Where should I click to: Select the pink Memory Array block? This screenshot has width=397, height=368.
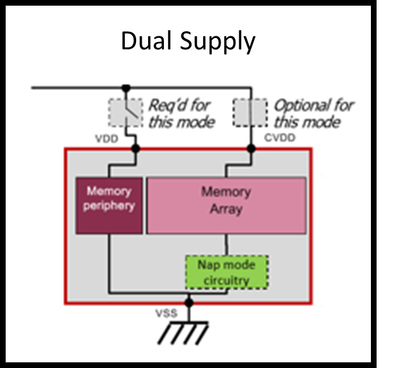click(x=226, y=205)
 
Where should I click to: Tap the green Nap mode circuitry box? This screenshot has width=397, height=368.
click(x=226, y=272)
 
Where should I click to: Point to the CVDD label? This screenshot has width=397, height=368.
click(x=280, y=138)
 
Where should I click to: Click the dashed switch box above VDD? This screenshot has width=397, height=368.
click(x=125, y=112)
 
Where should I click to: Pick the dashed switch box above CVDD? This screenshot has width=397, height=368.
click(x=250, y=112)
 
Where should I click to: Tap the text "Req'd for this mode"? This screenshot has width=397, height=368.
click(x=180, y=113)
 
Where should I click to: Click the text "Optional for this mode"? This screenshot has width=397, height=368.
click(x=313, y=113)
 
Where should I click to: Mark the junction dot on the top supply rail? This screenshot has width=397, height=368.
click(x=125, y=88)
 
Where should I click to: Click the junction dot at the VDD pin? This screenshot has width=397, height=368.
click(x=135, y=149)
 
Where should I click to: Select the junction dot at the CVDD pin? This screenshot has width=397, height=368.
click(x=251, y=149)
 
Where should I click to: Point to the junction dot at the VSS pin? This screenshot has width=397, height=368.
click(x=189, y=303)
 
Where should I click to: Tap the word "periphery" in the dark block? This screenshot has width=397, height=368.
click(x=109, y=205)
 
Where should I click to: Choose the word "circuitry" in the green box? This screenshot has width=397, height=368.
click(x=226, y=280)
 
